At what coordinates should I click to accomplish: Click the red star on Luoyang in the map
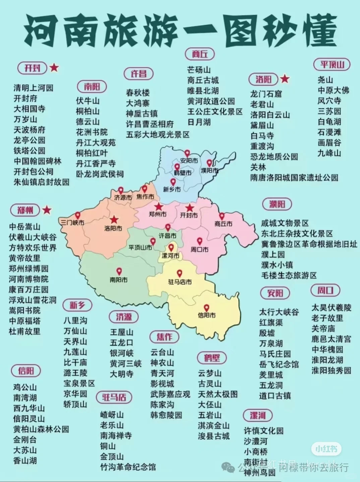[x=114, y=220]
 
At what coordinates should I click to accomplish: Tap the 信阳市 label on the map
[x=206, y=315]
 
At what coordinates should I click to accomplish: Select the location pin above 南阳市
[x=119, y=271]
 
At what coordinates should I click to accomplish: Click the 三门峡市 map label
[x=73, y=222]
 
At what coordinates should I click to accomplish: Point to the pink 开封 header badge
[x=33, y=68]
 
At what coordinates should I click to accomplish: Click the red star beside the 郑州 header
[x=47, y=210]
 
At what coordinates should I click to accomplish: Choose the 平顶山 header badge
[x=332, y=64]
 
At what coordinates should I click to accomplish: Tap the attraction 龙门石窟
[x=266, y=94]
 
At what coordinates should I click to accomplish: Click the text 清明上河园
[x=34, y=88]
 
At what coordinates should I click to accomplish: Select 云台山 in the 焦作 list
[x=162, y=352]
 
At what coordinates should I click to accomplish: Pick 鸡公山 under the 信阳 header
[x=25, y=387]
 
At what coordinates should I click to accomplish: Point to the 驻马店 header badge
[x=114, y=397]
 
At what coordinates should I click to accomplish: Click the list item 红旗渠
[x=271, y=322]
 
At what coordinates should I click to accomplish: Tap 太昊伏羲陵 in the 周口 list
[x=331, y=307]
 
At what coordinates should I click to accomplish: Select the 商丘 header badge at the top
[x=200, y=54]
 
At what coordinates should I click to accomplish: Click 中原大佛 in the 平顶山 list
[x=334, y=90]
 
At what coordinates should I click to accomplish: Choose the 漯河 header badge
[x=257, y=416]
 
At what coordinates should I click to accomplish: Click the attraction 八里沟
[x=75, y=320]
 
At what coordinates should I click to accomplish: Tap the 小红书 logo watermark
[x=326, y=449]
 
